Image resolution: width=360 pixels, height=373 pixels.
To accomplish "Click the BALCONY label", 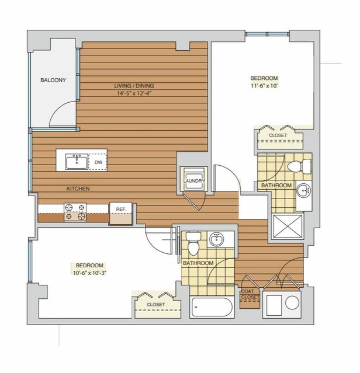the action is coord(53,80).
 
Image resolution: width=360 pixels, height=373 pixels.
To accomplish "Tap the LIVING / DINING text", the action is coord(134,86).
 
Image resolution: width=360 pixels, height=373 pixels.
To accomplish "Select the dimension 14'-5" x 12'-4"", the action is coord(134,93).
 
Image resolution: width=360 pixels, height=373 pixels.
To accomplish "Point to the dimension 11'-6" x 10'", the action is coord(264,86).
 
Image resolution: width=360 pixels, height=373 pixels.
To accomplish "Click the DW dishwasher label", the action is coord(98,162).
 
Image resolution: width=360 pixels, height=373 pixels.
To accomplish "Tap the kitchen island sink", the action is coord(77,162).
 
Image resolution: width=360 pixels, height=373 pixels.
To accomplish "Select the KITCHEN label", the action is coord(78,189).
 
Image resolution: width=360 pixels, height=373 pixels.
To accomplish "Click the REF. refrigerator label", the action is coord(121,210).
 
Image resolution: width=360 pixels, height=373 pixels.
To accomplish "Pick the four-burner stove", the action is coord(75,212).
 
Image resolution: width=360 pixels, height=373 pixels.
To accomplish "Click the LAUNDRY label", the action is coord(194,181).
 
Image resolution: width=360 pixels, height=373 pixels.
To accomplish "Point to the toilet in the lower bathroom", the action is coord(193,244).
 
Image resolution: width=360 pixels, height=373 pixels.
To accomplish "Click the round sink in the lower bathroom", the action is coord(216,239).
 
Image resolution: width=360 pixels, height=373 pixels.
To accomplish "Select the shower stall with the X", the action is coord(288,226).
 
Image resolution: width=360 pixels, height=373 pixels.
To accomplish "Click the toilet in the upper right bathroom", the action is coord(299,166).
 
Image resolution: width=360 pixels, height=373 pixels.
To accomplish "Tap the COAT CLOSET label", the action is coord(250,294).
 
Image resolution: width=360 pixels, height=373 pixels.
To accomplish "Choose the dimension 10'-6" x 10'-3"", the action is coord(89,273).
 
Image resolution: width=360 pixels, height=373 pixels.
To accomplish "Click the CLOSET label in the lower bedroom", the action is coord(155,305).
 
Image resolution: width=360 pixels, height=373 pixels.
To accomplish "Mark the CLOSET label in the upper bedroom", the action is coord(278,135).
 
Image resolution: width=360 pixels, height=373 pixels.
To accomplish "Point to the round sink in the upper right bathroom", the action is coord(304,190).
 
